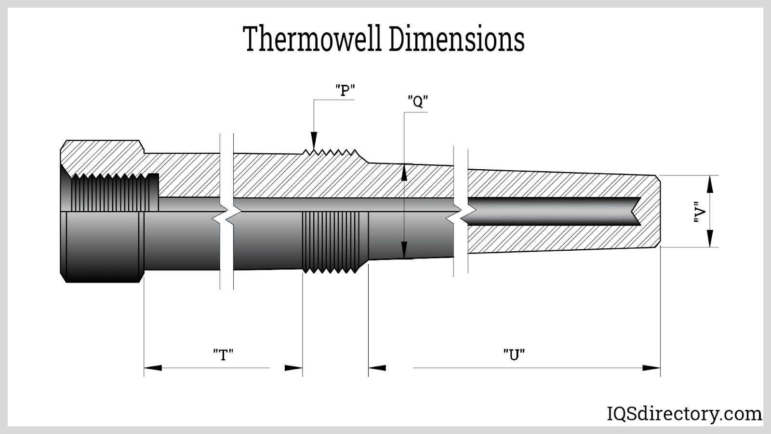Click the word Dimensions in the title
coord(457,40)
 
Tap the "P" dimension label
coord(345,90)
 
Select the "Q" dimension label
coord(418,102)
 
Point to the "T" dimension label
coord(223,355)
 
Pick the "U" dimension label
coord(514,355)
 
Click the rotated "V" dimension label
coord(700,212)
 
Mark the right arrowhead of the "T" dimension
coord(293,368)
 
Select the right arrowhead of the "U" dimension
coord(651,368)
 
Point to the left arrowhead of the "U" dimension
coord(377,368)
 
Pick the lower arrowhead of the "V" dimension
coord(709,239)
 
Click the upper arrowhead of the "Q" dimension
coord(404,172)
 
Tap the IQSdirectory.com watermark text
coord(683,414)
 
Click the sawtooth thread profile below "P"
coord(331,152)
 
